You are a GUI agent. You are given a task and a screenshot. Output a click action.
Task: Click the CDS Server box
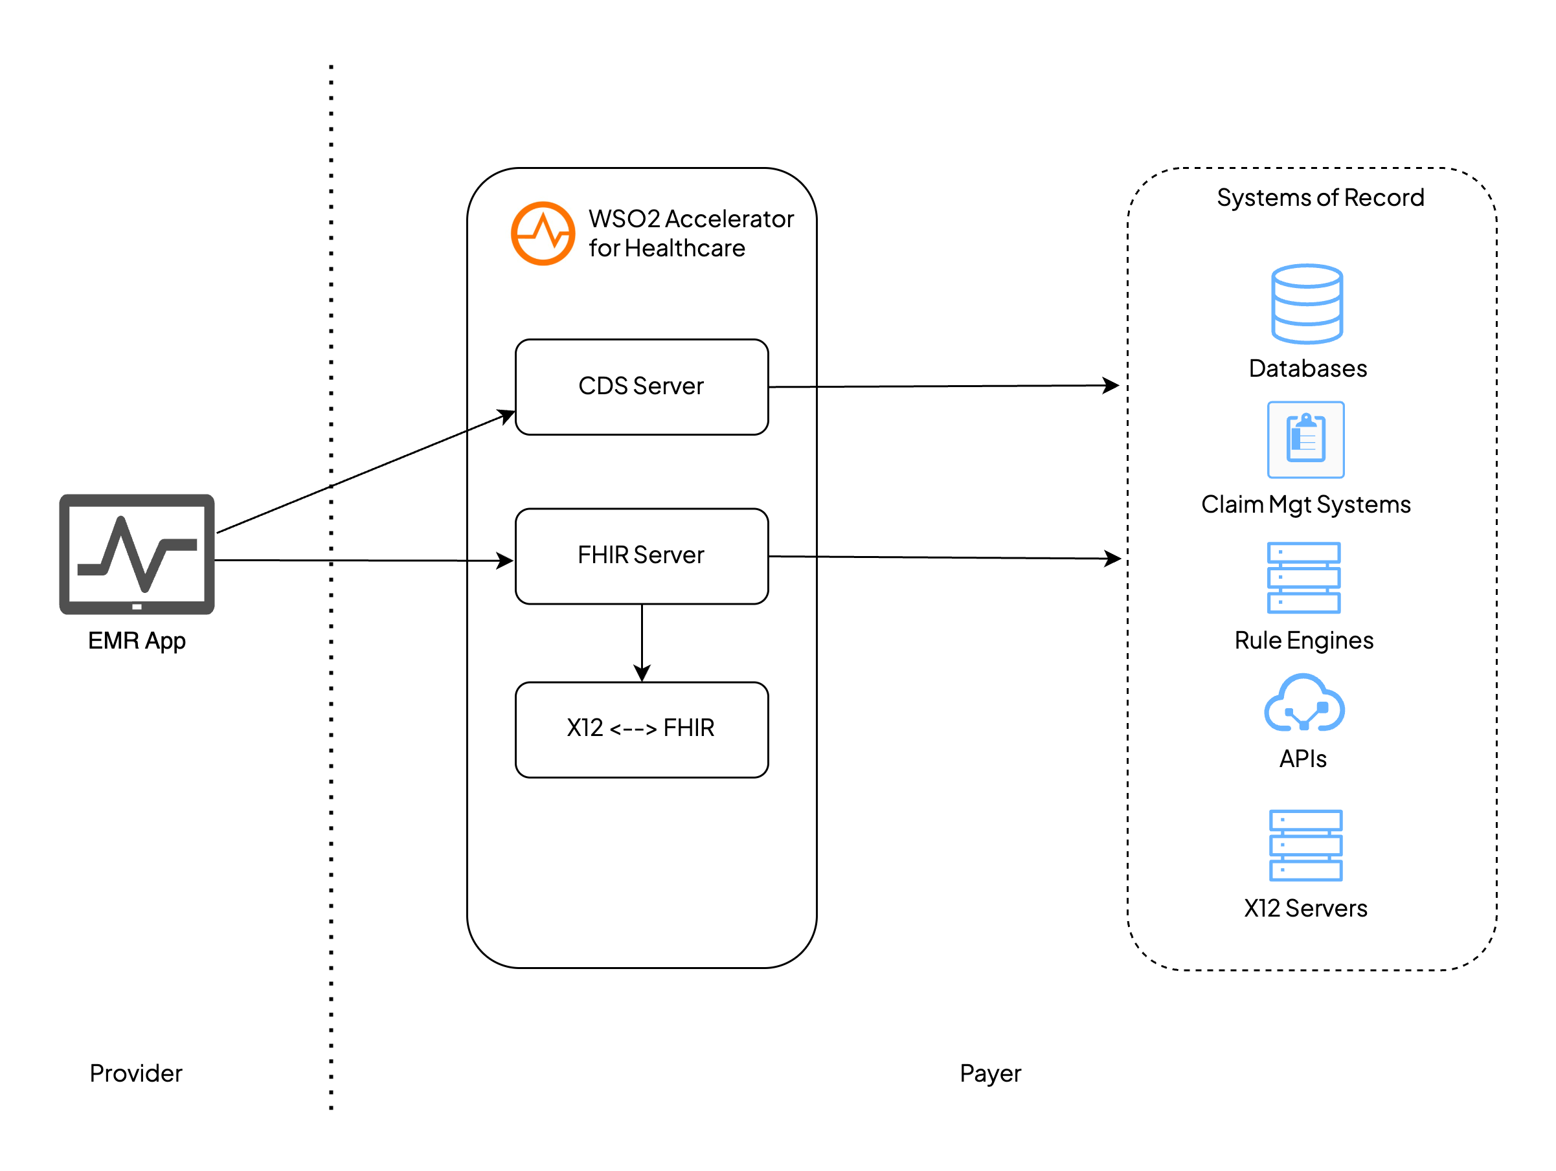pyautogui.click(x=642, y=387)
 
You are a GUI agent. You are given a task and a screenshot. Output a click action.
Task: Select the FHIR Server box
pyautogui.click(x=642, y=555)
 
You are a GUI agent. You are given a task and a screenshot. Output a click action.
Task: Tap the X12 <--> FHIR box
pyautogui.click(x=642, y=730)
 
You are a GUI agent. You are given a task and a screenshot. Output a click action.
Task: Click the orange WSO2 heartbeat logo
pyautogui.click(x=543, y=234)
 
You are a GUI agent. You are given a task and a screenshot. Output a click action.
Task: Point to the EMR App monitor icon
pyautogui.click(x=137, y=554)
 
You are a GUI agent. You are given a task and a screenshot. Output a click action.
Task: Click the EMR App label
pyautogui.click(x=137, y=641)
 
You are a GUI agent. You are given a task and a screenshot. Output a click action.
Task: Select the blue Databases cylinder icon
pyautogui.click(x=1306, y=304)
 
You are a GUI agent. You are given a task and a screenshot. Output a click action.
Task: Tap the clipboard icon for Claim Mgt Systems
pyautogui.click(x=1305, y=440)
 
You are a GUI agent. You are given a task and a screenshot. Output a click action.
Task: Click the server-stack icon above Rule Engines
pyautogui.click(x=1303, y=577)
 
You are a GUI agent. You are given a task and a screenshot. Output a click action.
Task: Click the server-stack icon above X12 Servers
pyautogui.click(x=1305, y=845)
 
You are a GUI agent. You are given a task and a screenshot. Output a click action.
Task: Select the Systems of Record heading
pyautogui.click(x=1320, y=197)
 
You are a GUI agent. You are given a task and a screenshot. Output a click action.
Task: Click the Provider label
pyautogui.click(x=136, y=1073)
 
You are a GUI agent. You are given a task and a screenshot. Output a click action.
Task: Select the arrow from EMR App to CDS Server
pyautogui.click(x=366, y=473)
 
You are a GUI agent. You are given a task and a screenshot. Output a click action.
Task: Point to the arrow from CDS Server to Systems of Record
pyautogui.click(x=943, y=386)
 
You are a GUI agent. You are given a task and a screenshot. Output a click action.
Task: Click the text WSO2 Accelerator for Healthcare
pyautogui.click(x=690, y=234)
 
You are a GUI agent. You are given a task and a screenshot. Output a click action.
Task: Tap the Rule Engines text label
pyautogui.click(x=1303, y=641)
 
